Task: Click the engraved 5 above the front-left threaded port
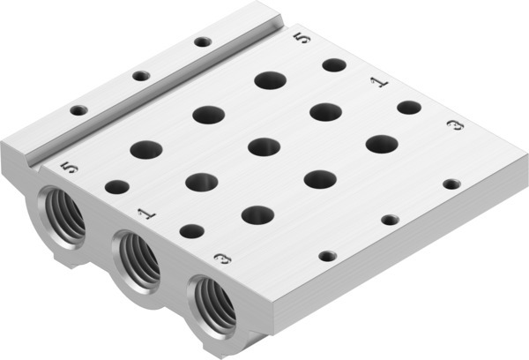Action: (x=71, y=167)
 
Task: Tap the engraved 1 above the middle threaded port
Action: (x=145, y=213)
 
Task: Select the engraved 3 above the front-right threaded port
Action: (x=222, y=259)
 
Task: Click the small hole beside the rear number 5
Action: (x=333, y=64)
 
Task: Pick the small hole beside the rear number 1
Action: (x=408, y=107)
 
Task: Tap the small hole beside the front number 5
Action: (x=116, y=186)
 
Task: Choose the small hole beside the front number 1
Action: (x=190, y=230)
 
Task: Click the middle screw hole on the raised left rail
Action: (x=141, y=75)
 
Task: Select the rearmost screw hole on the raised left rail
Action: (x=203, y=41)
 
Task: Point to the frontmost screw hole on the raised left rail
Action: (x=78, y=110)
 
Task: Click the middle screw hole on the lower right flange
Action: (x=389, y=219)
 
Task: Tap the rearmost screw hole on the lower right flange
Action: (x=451, y=184)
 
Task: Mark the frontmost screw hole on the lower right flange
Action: (x=327, y=255)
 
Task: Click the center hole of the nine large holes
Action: (x=264, y=146)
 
